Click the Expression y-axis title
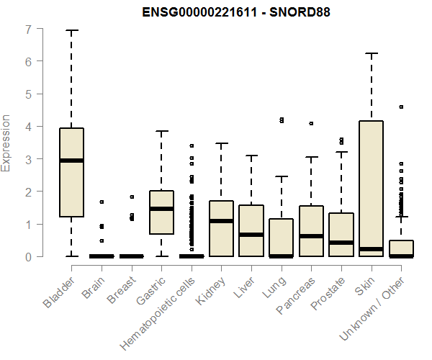point(7,143)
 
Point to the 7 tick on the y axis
point(28,30)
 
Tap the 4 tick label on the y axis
point(28,127)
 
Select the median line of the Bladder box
point(71,161)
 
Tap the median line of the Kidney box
point(221,221)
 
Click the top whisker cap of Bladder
point(71,31)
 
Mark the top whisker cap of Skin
point(372,53)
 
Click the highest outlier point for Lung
point(282,119)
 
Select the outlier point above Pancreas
point(311,123)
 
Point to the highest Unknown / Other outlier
point(401,107)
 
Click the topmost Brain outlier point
point(102,202)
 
